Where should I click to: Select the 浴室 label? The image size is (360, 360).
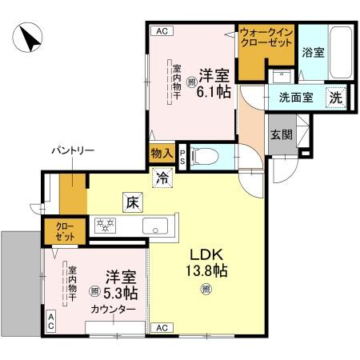point(313,53)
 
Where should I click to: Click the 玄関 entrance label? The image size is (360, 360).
point(279,134)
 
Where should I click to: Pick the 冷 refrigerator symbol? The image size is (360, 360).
point(163,178)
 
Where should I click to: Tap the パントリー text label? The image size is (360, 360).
point(73,150)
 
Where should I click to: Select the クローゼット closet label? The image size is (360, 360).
point(64,232)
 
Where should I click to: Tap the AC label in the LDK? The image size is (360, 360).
point(161,327)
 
